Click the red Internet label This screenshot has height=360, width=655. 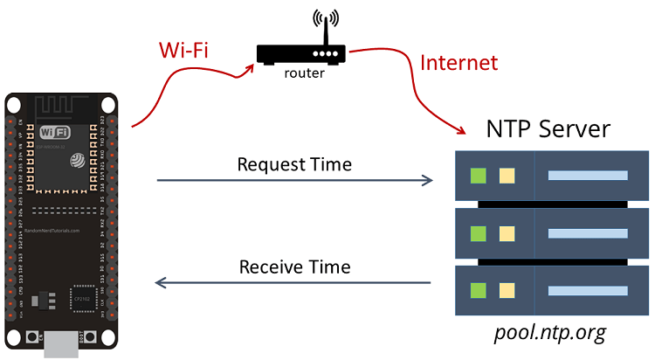click(458, 63)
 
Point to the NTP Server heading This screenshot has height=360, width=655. click(548, 130)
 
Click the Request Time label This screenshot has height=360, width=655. click(294, 164)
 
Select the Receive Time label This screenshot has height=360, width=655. click(294, 267)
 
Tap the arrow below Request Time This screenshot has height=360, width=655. click(294, 181)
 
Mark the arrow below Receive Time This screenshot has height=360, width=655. click(294, 283)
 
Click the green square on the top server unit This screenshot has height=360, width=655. click(478, 176)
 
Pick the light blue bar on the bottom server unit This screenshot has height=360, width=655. click(587, 290)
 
